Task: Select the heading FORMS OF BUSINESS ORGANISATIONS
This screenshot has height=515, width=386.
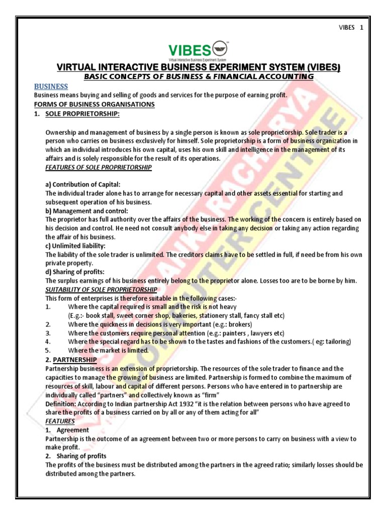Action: (x=94, y=104)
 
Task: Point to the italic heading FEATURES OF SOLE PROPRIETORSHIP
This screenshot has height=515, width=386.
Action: (x=98, y=167)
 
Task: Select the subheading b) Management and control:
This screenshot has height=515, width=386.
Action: (x=86, y=211)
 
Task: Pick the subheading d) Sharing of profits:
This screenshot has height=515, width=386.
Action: (x=74, y=272)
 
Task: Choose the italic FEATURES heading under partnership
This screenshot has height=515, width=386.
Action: (x=60, y=421)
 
